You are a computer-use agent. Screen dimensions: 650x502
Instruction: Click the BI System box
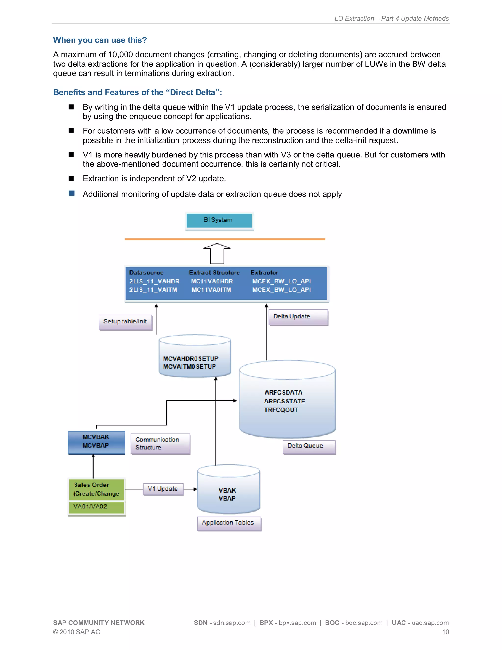[x=219, y=221]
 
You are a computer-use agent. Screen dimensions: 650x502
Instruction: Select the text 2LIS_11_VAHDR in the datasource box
[x=154, y=281]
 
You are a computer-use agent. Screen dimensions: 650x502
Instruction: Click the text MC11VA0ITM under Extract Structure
[x=211, y=290]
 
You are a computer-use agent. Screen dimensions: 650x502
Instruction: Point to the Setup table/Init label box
[x=125, y=322]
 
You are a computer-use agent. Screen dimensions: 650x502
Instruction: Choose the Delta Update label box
[x=298, y=317]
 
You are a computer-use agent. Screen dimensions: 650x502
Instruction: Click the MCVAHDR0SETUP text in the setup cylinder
[x=191, y=359]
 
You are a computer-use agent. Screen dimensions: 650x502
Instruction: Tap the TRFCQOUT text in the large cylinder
[x=281, y=410]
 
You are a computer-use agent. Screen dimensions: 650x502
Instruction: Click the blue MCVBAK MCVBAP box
[x=96, y=442]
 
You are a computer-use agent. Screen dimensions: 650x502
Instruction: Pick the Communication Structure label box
[x=160, y=443]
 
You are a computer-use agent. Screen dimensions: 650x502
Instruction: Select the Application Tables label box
[x=229, y=523]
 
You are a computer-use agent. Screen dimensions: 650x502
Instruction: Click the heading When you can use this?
[x=100, y=40]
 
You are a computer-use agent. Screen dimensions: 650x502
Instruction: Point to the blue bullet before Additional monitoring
[x=71, y=194]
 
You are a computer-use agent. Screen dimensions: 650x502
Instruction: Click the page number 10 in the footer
[x=445, y=632]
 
